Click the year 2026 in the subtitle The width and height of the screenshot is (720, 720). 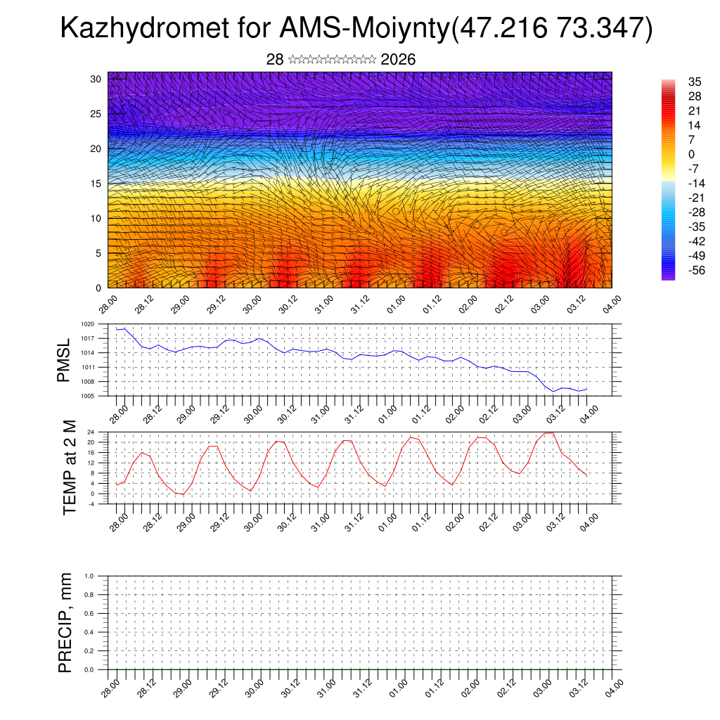pos(398,60)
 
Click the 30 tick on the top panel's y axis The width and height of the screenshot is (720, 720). pos(96,79)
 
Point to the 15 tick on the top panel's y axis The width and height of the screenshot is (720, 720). pos(96,184)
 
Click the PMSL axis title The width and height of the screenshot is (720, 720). pos(64,360)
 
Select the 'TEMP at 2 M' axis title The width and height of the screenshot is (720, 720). pos(70,467)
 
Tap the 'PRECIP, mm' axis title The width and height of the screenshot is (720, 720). pos(65,622)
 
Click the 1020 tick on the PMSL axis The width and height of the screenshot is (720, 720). pos(86,324)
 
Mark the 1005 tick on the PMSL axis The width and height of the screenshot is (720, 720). pos(86,397)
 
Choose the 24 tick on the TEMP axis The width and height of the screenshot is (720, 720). pos(91,432)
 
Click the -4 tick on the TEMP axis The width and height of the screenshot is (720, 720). pos(91,504)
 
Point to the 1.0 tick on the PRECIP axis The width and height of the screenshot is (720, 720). pos(89,576)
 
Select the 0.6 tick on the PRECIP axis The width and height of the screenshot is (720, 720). pos(89,614)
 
